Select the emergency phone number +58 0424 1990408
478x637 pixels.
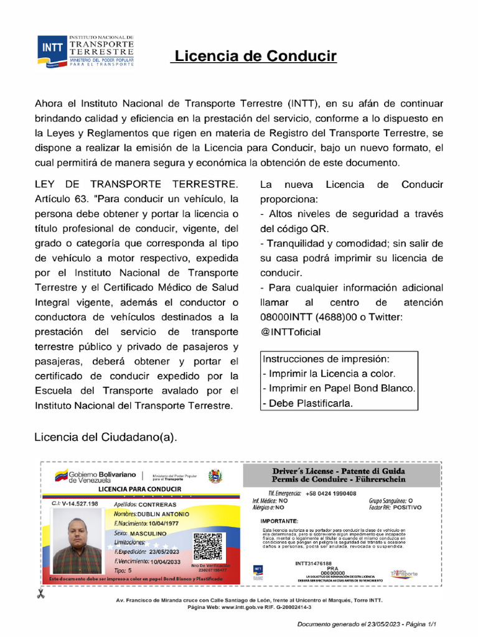[331, 493]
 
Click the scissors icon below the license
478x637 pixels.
[40, 593]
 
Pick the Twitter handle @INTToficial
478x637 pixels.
[291, 332]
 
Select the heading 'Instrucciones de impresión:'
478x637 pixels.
[326, 360]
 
